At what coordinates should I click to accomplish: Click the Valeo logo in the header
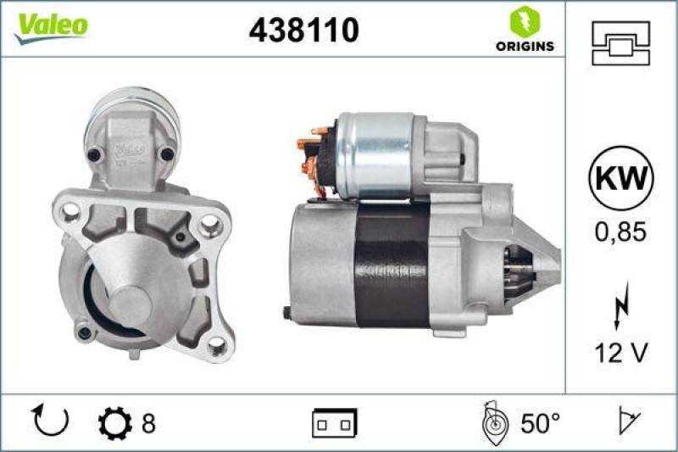pos(51,26)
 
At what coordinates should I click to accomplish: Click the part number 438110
pos(303,31)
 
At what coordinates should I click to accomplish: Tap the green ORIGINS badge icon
pos(524,21)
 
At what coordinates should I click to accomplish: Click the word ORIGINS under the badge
pos(525,46)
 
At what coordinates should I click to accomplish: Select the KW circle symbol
pos(621,178)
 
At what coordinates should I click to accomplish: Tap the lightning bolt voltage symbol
pos(622,306)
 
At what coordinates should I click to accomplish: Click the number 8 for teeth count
pos(148,421)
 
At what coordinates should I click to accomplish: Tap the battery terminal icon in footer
pos(335,421)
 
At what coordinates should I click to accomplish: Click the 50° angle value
pos(541,421)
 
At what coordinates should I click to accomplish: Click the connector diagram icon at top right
pos(621,39)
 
